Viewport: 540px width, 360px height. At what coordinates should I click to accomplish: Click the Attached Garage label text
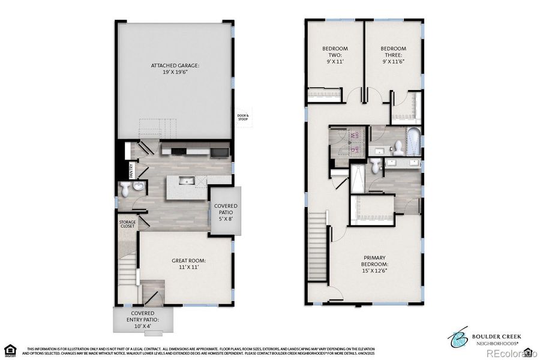(x=175, y=68)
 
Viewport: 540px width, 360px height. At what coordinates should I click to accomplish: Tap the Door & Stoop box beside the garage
(x=243, y=118)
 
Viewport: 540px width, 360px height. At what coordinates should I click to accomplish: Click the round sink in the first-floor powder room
(x=139, y=187)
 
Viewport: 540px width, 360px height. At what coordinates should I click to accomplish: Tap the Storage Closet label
(x=127, y=224)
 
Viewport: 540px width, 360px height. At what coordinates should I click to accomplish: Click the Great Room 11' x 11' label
(x=188, y=265)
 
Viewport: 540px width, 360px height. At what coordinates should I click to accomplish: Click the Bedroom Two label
(x=335, y=55)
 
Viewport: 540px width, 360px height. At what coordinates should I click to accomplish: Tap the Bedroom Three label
(x=393, y=55)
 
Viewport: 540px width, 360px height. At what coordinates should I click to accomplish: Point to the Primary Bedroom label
(x=374, y=265)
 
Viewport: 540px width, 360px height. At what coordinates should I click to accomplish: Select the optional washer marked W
(x=356, y=136)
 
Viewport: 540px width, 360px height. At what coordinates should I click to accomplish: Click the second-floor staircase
(x=317, y=246)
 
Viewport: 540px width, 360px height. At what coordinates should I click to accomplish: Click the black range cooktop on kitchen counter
(x=179, y=150)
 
